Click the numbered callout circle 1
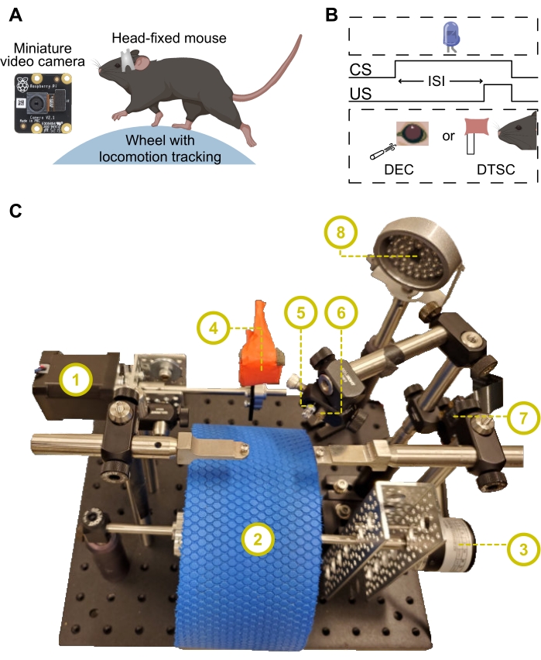tap(75, 380)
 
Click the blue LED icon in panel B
tap(450, 36)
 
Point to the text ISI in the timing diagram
tap(439, 81)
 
